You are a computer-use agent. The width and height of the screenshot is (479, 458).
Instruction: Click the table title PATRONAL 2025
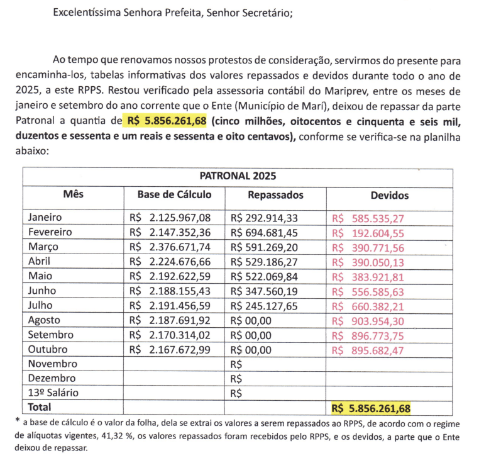[238, 176]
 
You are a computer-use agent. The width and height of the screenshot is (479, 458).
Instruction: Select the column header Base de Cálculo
[174, 195]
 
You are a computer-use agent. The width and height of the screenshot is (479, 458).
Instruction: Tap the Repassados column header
[275, 195]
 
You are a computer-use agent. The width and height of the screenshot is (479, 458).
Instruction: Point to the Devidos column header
[389, 196]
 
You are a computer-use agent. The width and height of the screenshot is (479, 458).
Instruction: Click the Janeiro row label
[45, 218]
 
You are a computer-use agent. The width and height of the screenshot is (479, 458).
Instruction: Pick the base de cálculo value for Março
[170, 247]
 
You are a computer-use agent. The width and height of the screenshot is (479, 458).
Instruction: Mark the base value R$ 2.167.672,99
[170, 350]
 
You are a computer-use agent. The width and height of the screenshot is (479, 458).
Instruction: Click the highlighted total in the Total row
[371, 408]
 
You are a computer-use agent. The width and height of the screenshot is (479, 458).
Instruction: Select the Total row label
[39, 408]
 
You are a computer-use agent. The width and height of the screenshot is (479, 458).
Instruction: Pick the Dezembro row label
[52, 379]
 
